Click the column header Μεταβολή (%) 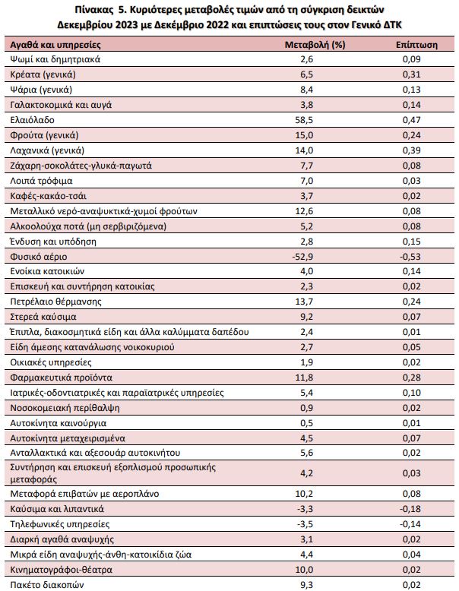pyautogui.click(x=315, y=45)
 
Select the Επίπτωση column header pyautogui.click(x=416, y=45)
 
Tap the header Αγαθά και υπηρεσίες pyautogui.click(x=55, y=45)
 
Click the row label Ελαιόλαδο pyautogui.click(x=33, y=120)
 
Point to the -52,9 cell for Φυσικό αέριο pyautogui.click(x=302, y=257)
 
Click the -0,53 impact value pyautogui.click(x=410, y=257)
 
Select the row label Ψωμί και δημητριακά pyautogui.click(x=55, y=59)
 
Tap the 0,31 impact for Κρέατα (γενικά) pyautogui.click(x=411, y=74)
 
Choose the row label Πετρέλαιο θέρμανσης pyautogui.click(x=55, y=302)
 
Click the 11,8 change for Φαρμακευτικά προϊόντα pyautogui.click(x=304, y=378)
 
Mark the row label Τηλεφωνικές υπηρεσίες pyautogui.click(x=60, y=524)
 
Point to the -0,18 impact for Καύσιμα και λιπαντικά pyautogui.click(x=410, y=509)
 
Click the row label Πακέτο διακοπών pyautogui.click(x=47, y=585)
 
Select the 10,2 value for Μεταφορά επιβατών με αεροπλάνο pyautogui.click(x=304, y=494)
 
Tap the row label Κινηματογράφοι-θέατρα pyautogui.click(x=61, y=570)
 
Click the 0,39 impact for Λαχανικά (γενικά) pyautogui.click(x=411, y=150)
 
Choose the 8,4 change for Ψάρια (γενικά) pyautogui.click(x=306, y=90)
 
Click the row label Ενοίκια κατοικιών pyautogui.click(x=47, y=271)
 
